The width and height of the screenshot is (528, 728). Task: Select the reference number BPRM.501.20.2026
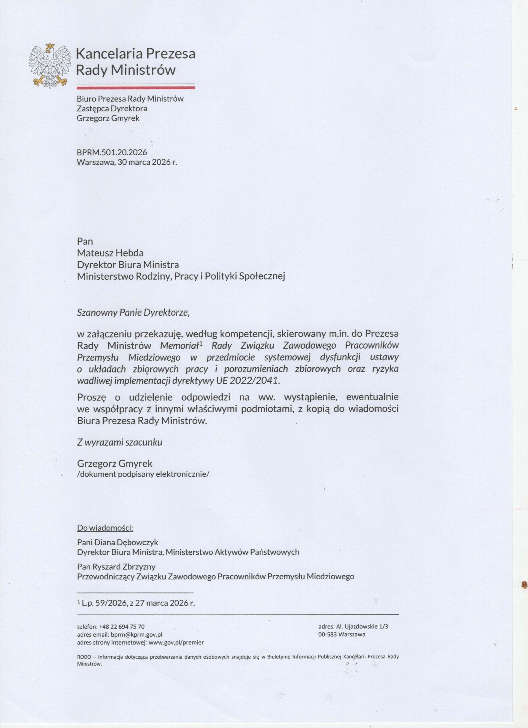(112, 152)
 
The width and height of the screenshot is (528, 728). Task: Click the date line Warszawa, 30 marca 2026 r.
(127, 162)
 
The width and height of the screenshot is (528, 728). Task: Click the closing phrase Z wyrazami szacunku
(120, 442)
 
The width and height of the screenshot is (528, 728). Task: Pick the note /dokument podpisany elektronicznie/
(143, 474)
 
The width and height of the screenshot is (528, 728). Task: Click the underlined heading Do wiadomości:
(105, 528)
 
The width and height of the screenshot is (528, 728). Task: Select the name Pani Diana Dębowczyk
(118, 543)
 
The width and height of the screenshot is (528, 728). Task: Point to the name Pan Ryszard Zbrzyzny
(116, 567)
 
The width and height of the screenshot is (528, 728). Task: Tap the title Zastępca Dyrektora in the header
(112, 109)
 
